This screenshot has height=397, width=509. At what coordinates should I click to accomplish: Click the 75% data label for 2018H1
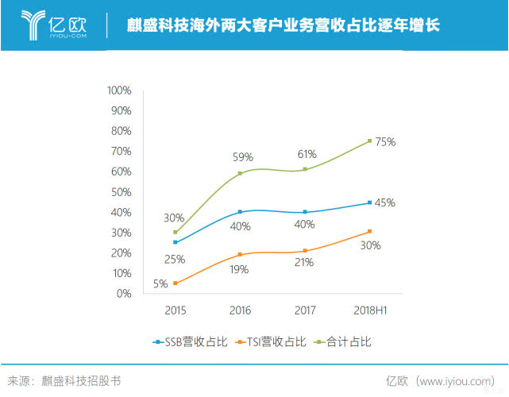[385, 141]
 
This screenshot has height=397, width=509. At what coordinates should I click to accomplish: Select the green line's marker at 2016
[240, 173]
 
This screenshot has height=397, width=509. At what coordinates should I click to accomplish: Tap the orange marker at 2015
[175, 283]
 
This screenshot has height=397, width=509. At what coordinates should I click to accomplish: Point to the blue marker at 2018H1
[369, 202]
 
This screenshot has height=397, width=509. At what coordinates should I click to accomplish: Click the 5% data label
[160, 283]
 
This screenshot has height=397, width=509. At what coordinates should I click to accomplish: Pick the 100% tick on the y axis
[118, 90]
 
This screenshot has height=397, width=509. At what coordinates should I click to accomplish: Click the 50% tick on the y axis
[121, 191]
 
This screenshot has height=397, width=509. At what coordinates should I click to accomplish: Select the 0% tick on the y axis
[124, 294]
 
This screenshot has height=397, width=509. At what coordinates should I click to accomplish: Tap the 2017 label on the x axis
[305, 309]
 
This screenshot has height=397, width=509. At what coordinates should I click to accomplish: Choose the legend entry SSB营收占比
[190, 342]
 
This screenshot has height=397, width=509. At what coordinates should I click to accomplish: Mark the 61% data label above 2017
[307, 154]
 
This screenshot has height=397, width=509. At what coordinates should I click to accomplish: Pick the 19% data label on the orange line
[240, 269]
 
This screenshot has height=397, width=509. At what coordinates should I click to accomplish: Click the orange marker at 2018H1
[369, 231]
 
